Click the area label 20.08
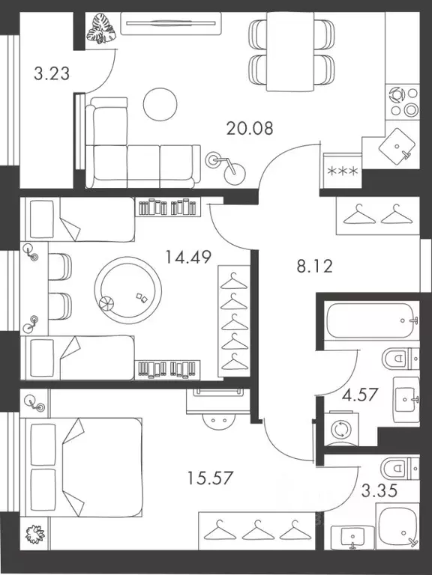250,127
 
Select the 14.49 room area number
187,258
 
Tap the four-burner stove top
403,103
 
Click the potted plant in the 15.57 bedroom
34,535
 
